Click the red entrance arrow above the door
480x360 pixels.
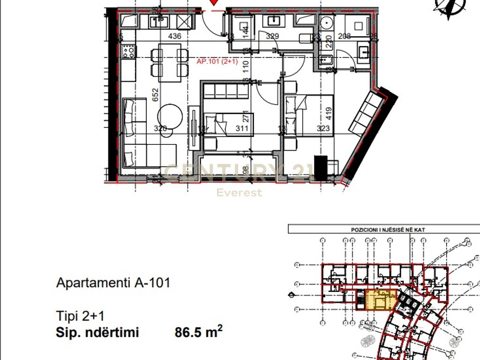tap(214, 2)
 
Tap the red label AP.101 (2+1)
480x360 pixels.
tap(217, 61)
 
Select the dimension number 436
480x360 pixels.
tap(175, 36)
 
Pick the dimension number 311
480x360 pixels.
tap(242, 128)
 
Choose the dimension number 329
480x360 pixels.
tap(272, 36)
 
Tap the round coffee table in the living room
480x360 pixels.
tap(170, 116)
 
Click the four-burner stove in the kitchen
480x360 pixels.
tap(128, 51)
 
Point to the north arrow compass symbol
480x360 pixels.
tap(447, 7)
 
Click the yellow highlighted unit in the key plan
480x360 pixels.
tap(380, 300)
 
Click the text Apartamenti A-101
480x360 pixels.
tap(113, 283)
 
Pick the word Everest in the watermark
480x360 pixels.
tap(239, 193)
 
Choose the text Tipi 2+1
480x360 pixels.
tap(78, 315)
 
